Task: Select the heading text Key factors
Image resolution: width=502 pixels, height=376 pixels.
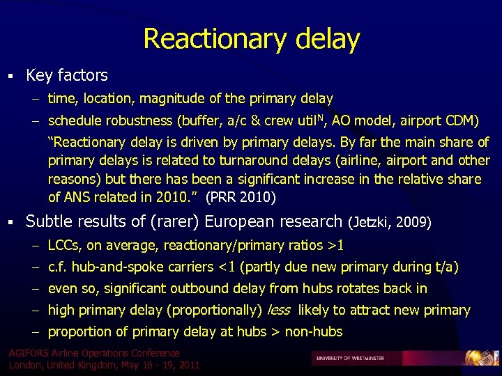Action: [67, 75]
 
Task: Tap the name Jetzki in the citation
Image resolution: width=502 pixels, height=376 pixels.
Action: [374, 223]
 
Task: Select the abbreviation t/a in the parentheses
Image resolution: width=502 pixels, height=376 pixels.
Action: [447, 267]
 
